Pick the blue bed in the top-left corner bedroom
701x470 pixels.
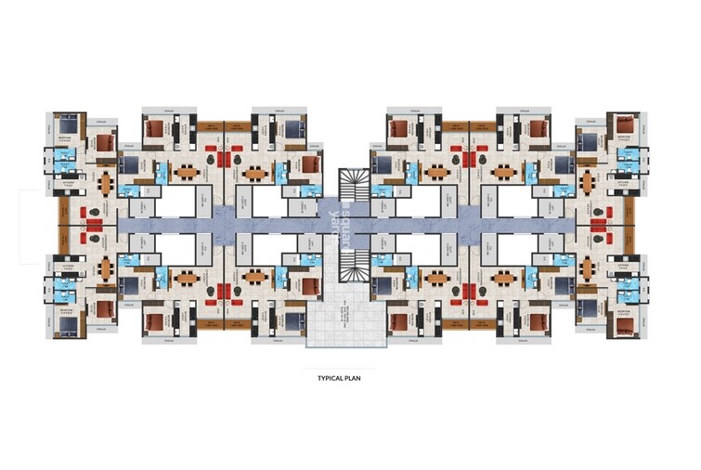coord(65,125)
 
